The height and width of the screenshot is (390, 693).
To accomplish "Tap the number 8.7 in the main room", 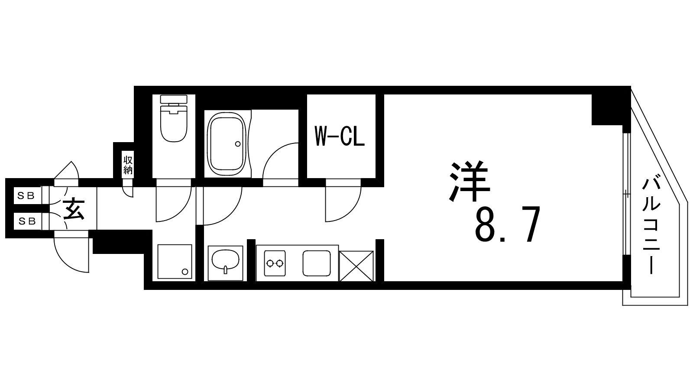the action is [x=507, y=224].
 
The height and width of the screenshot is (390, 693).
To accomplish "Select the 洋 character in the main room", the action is [x=470, y=181].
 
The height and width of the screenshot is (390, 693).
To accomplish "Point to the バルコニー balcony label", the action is [x=651, y=226].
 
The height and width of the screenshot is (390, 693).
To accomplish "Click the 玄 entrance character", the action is [x=74, y=209].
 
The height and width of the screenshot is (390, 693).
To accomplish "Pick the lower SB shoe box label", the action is [x=28, y=221].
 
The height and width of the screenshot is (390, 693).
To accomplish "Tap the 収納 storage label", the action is [x=128, y=165].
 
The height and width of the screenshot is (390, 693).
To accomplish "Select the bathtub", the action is [x=227, y=142].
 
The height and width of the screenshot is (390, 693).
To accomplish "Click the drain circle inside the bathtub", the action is [x=238, y=144].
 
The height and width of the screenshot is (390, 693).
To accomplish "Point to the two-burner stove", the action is [x=275, y=263].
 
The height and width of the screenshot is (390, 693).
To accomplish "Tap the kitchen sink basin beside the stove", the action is [x=317, y=263].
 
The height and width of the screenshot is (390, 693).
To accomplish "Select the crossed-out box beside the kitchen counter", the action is [x=356, y=266].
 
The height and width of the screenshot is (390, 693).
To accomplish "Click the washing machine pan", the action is [x=175, y=262].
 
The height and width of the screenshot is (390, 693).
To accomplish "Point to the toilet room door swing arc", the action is [x=181, y=213].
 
